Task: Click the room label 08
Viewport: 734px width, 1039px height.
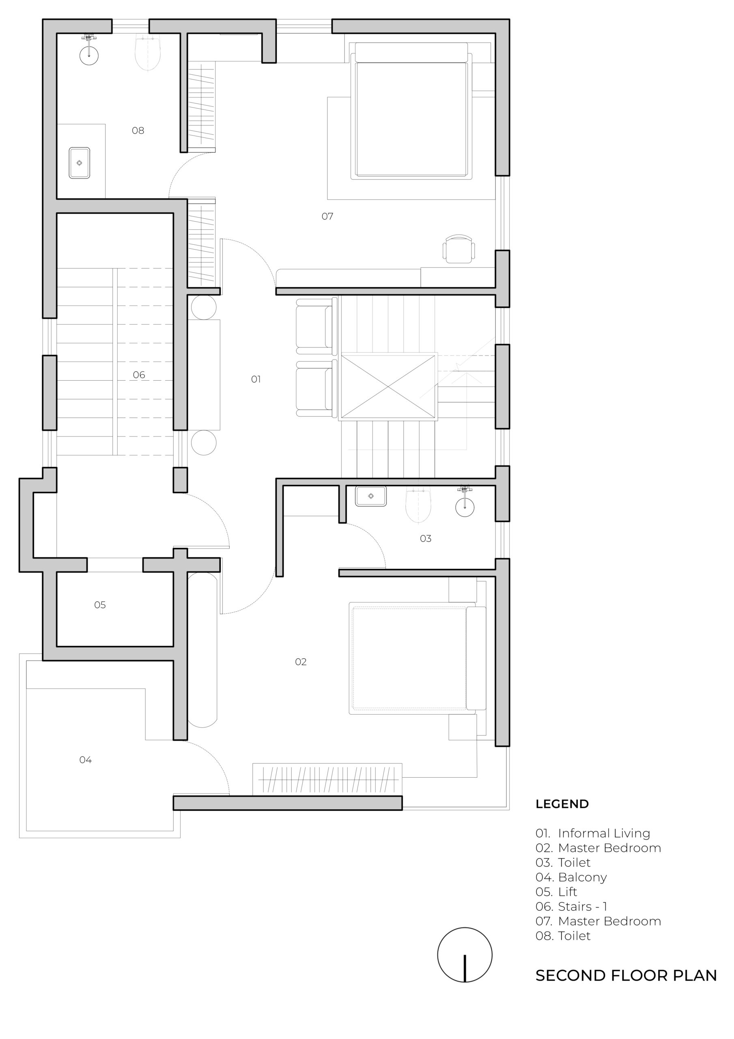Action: coord(138,131)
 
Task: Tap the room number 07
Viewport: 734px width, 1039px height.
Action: coord(327,217)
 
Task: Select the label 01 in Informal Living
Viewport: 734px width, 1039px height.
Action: coord(256,379)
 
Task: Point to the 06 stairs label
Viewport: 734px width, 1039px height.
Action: coord(139,375)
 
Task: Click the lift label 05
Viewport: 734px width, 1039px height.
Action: coord(100,605)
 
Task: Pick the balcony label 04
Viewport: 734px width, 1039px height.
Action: coord(86,760)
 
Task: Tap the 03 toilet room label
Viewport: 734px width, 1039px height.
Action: coord(425,539)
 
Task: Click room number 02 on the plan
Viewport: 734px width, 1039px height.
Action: coord(301,662)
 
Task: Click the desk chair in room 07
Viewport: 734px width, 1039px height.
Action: coord(459,249)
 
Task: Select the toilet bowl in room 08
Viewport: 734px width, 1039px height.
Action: coord(148,53)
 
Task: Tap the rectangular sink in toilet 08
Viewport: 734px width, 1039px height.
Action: coord(79,163)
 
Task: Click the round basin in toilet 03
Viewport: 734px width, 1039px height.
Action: coord(465,507)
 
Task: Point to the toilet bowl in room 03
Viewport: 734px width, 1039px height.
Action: coord(418,504)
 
